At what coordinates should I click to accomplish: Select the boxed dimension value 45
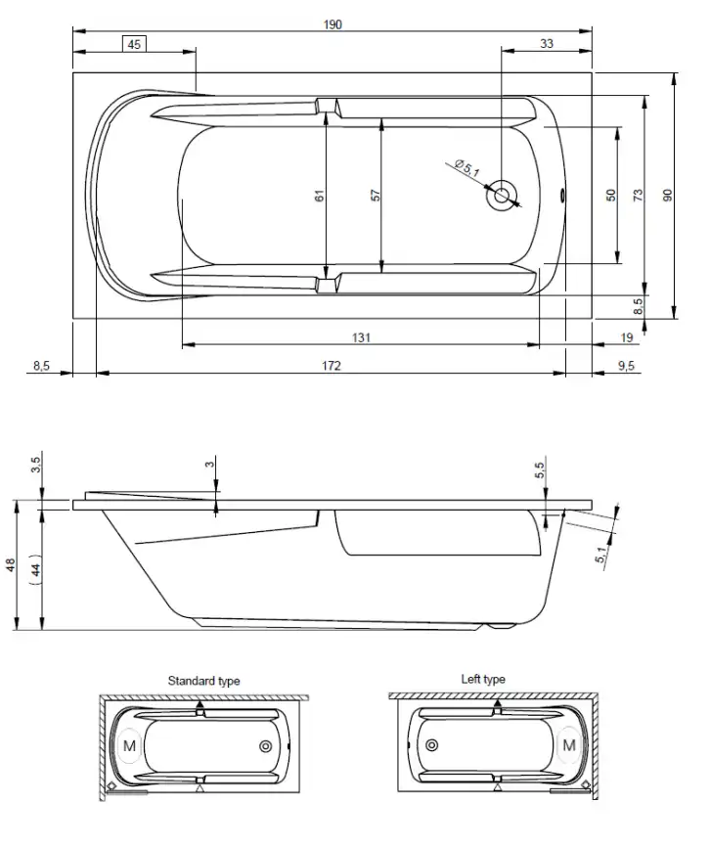[x=134, y=44]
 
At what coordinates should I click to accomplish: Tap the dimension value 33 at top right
[x=546, y=44]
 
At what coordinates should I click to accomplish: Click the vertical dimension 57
[x=376, y=196]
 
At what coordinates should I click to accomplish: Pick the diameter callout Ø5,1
[x=467, y=169]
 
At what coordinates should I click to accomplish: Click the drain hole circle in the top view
[x=503, y=194]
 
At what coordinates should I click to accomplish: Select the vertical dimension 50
[x=610, y=195]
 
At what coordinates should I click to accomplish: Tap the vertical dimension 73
[x=638, y=195]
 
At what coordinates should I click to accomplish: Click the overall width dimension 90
[x=668, y=195]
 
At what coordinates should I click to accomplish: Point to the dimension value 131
[x=361, y=337]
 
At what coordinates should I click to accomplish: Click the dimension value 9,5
[x=627, y=366]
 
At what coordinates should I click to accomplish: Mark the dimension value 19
[x=627, y=337]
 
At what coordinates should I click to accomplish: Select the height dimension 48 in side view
[x=12, y=566]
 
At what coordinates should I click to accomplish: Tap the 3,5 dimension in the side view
[x=36, y=464]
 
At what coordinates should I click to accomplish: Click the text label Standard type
[x=203, y=681]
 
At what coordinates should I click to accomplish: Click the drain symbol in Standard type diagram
[x=265, y=746]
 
